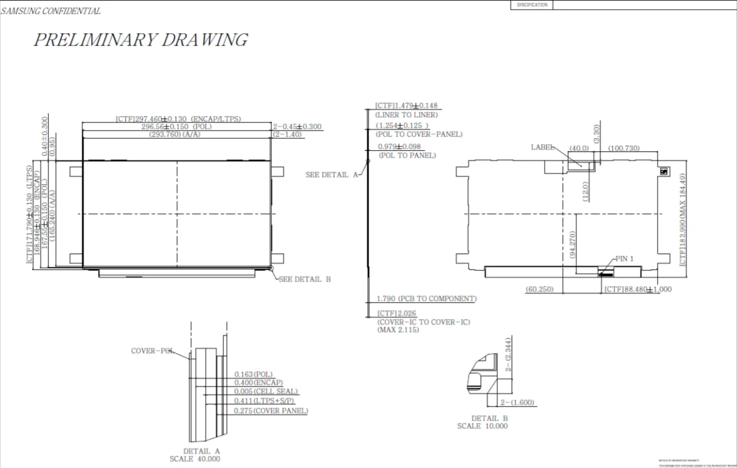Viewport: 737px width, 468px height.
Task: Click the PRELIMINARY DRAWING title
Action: click(x=140, y=40)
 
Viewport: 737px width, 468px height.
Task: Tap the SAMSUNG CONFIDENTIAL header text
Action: click(x=51, y=11)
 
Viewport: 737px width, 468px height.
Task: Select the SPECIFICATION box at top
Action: click(x=532, y=5)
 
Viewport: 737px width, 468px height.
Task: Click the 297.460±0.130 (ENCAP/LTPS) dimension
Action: click(x=178, y=119)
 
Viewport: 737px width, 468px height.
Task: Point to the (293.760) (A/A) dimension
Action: click(x=175, y=134)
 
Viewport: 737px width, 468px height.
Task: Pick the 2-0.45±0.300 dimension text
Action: click(x=297, y=127)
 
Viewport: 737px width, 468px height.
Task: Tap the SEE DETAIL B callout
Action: click(x=305, y=279)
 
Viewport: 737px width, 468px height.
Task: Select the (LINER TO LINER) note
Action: click(x=406, y=115)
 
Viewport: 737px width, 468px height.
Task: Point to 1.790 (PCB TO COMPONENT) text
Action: click(x=426, y=298)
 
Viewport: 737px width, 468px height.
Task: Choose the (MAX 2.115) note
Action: click(x=398, y=329)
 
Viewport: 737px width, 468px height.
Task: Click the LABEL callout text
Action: click(x=542, y=147)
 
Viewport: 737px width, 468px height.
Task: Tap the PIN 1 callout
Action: click(x=624, y=259)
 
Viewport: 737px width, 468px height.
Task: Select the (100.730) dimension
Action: click(x=623, y=148)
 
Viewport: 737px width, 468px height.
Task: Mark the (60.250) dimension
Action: click(x=539, y=289)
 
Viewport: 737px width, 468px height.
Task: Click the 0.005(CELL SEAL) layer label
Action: click(x=266, y=392)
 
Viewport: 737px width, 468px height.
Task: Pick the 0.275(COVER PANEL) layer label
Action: click(x=271, y=411)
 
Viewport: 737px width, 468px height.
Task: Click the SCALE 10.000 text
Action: click(x=482, y=426)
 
